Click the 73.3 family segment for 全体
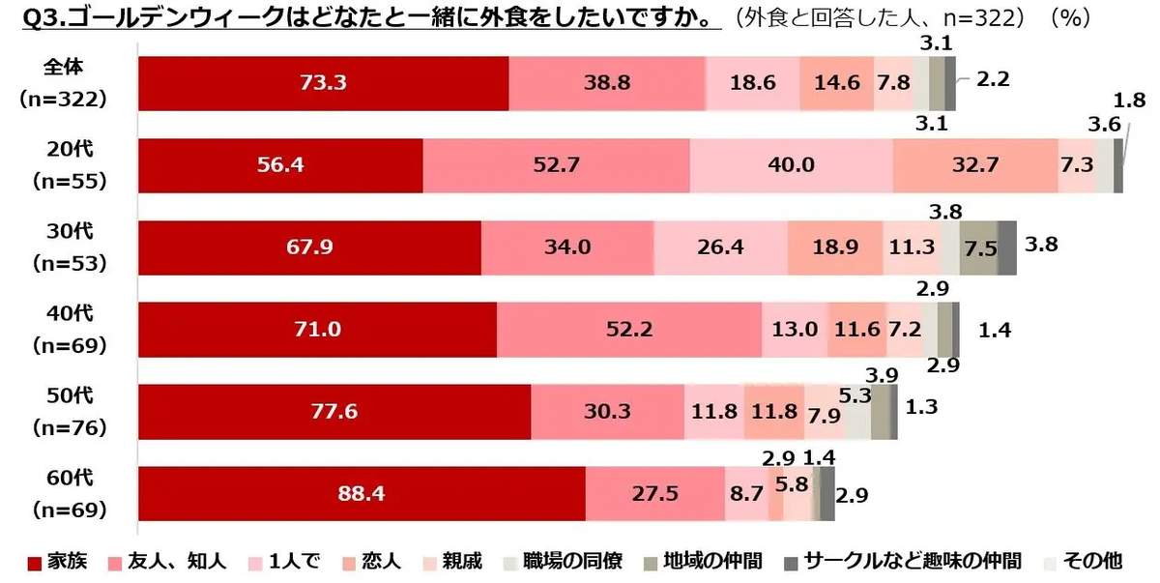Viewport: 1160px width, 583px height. [323, 83]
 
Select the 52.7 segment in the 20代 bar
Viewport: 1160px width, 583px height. [556, 165]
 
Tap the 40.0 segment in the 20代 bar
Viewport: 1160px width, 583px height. [791, 165]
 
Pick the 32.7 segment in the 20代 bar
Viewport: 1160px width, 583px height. [974, 165]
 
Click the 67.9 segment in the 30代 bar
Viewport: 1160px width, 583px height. [309, 248]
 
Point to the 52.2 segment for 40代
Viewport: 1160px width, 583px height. [628, 330]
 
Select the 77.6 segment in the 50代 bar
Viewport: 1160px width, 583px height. [334, 412]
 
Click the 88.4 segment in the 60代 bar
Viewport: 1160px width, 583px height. [362, 494]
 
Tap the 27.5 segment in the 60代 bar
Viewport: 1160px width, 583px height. [654, 494]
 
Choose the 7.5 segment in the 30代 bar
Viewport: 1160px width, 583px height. [978, 248]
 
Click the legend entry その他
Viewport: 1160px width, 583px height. [1083, 562]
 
